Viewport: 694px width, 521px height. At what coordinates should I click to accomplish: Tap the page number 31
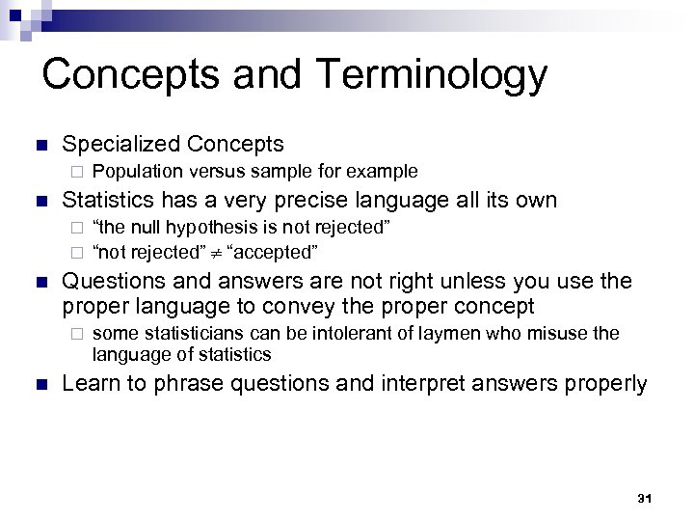(x=646, y=498)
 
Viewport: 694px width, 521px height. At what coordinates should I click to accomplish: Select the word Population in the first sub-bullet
(x=135, y=172)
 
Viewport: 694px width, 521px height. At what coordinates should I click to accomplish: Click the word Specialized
(x=120, y=145)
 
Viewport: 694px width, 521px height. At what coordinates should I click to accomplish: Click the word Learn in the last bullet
(x=89, y=383)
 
